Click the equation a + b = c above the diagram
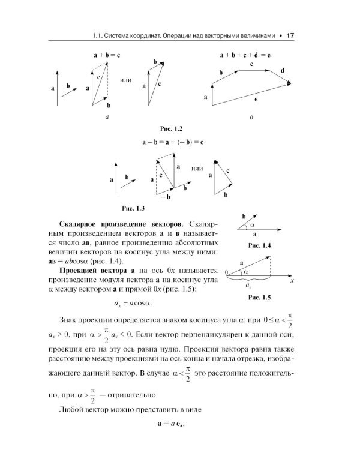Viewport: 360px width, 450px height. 107,55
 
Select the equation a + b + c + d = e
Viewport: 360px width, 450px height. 245,55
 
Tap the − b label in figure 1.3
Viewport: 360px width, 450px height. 163,196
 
